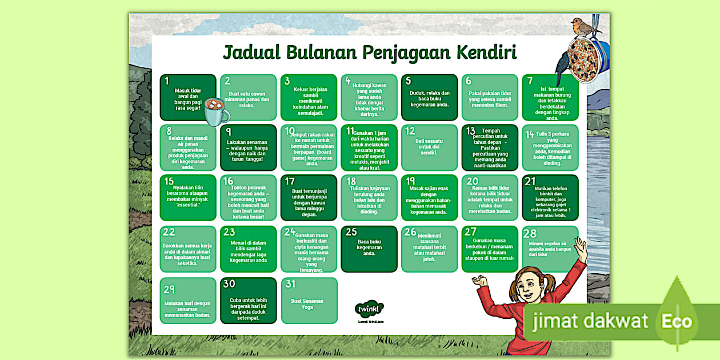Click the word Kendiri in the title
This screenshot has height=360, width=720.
[486, 53]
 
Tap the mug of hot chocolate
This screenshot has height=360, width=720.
[215, 111]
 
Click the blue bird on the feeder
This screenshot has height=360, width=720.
[565, 63]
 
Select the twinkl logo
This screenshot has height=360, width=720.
[369, 309]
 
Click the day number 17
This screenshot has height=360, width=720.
[290, 181]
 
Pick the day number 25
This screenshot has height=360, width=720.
[351, 232]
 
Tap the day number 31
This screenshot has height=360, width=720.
[290, 284]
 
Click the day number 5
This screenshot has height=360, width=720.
[409, 81]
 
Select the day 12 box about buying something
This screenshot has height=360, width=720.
[429, 147]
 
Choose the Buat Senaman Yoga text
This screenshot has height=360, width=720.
[307, 303]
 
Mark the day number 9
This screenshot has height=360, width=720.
[229, 132]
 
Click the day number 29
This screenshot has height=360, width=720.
[169, 289]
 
